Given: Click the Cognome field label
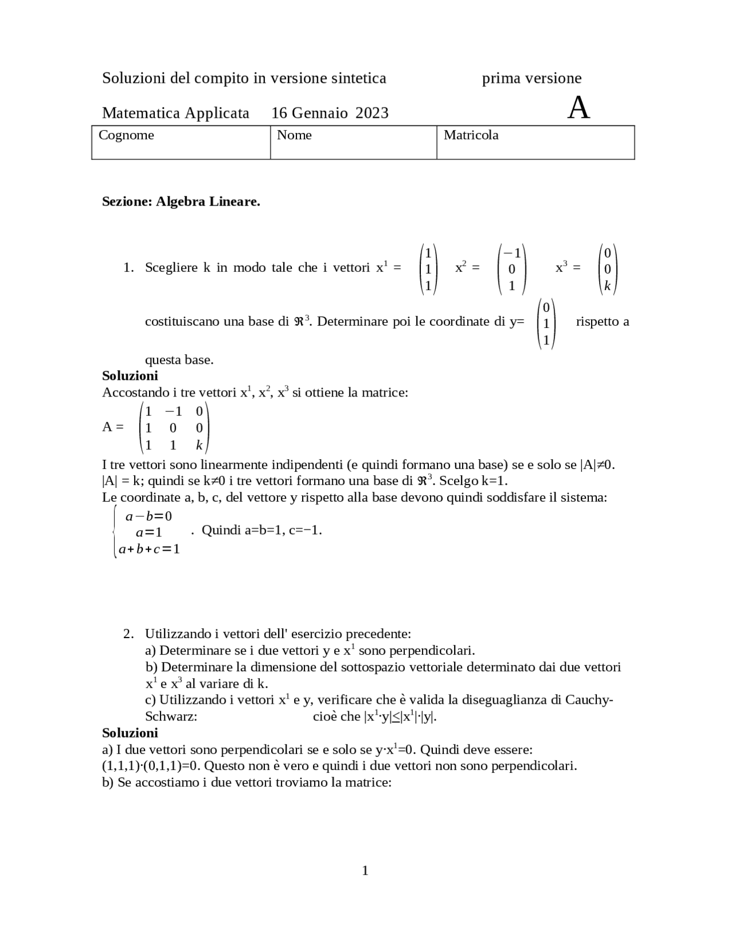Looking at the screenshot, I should pyautogui.click(x=126, y=135).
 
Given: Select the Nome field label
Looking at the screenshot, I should pyautogui.click(x=294, y=135).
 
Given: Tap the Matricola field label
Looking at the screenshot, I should pyautogui.click(x=471, y=135).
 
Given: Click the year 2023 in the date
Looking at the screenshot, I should pyautogui.click(x=372, y=113).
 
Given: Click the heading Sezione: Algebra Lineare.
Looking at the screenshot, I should pyautogui.click(x=181, y=202).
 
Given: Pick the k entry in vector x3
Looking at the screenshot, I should pyautogui.click(x=607, y=286).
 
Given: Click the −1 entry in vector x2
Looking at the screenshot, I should pyautogui.click(x=512, y=252).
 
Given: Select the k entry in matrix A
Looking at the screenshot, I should pyautogui.click(x=199, y=446).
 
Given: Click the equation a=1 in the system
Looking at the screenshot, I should pyautogui.click(x=149, y=532).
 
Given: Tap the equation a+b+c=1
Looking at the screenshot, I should pyautogui.click(x=149, y=550).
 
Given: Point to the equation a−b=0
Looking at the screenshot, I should pyautogui.click(x=148, y=516).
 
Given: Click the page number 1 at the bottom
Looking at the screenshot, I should pyautogui.click(x=365, y=871).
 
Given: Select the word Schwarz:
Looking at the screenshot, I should pyautogui.click(x=171, y=716).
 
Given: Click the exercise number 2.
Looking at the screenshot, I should pyautogui.click(x=128, y=634).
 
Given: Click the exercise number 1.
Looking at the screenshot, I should pyautogui.click(x=128, y=267).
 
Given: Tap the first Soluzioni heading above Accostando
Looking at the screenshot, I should pyautogui.click(x=130, y=376).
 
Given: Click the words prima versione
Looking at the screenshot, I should pyautogui.click(x=531, y=78).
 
